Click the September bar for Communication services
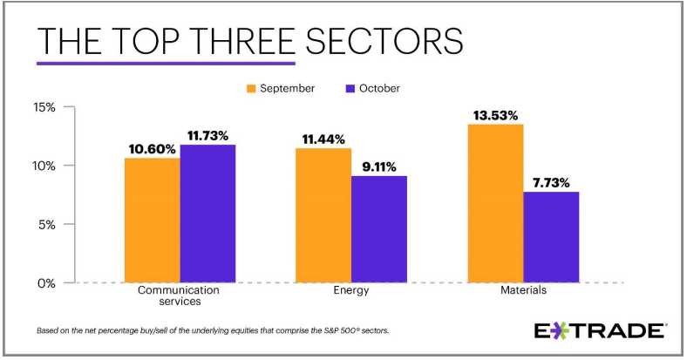[x=153, y=220]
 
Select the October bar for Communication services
[x=207, y=214]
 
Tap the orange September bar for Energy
[x=323, y=215]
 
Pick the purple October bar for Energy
[x=379, y=229]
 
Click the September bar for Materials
[x=496, y=203]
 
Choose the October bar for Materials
[x=551, y=237]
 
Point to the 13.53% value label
[x=494, y=114]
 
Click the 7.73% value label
[x=551, y=182]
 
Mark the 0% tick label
[x=46, y=282]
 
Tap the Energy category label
[x=351, y=291]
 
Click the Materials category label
[x=523, y=291]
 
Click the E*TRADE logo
[x=600, y=331]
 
